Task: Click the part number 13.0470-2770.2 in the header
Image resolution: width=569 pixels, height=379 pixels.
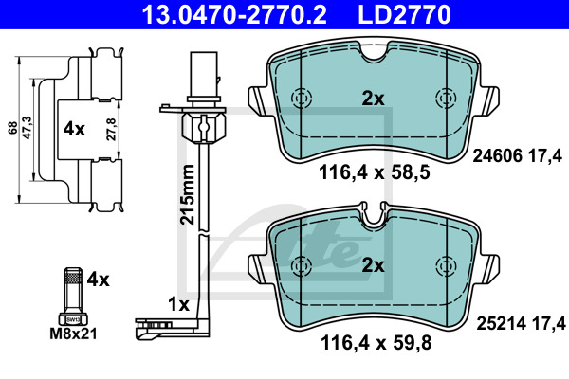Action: (234, 14)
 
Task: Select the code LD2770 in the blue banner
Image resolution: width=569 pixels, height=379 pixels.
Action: (404, 14)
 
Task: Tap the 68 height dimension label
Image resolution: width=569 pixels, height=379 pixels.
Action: (13, 129)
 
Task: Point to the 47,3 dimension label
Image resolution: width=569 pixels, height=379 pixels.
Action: (28, 128)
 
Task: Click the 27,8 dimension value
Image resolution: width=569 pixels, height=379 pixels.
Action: (111, 130)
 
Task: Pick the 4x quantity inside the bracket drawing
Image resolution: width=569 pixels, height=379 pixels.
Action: (74, 129)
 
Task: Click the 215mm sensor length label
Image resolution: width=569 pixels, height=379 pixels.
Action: (188, 195)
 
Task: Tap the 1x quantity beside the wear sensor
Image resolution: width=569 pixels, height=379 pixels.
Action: (179, 305)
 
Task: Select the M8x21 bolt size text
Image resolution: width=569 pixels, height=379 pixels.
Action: (74, 334)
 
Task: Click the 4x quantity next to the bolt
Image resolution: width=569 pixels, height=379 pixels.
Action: (98, 280)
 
